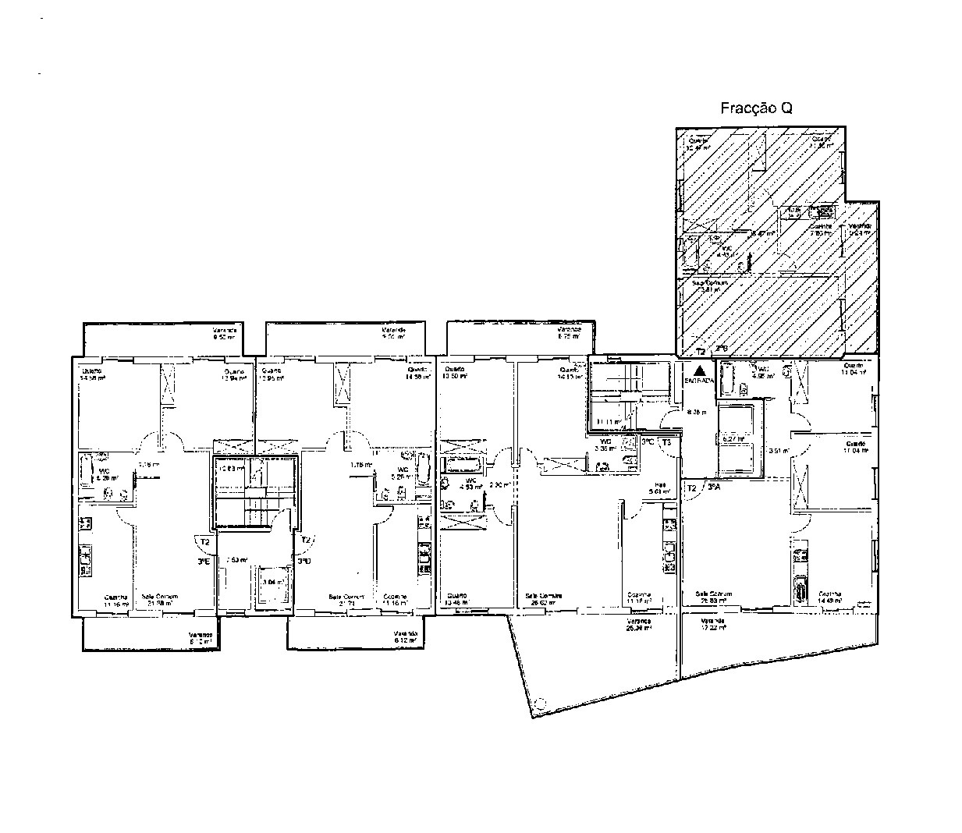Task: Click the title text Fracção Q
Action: (755, 108)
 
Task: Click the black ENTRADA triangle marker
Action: (700, 370)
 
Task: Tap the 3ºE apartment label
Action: (204, 561)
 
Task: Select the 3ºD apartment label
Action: (304, 561)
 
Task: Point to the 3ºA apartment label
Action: (714, 487)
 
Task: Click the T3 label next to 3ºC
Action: (666, 441)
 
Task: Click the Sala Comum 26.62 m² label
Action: (545, 598)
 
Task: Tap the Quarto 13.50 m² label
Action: (455, 371)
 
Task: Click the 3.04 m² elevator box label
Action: (272, 581)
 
